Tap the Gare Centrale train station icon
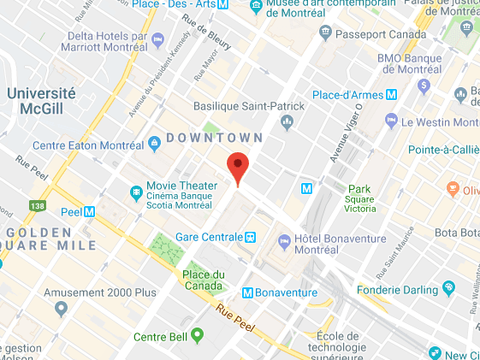click(x=251, y=236)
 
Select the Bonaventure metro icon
click(x=248, y=292)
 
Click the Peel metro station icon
click(x=89, y=210)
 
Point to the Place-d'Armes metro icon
click(x=392, y=93)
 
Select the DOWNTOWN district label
click(x=215, y=138)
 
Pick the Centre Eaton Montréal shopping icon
click(x=155, y=141)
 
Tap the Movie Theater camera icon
click(x=135, y=190)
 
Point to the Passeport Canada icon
click(x=324, y=32)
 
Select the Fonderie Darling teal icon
click(x=447, y=286)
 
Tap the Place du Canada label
click(x=203, y=280)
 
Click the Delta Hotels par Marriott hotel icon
click(x=157, y=39)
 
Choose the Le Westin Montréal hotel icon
click(x=392, y=121)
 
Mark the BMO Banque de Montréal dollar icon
click(x=424, y=86)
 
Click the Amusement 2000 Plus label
click(x=100, y=292)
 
